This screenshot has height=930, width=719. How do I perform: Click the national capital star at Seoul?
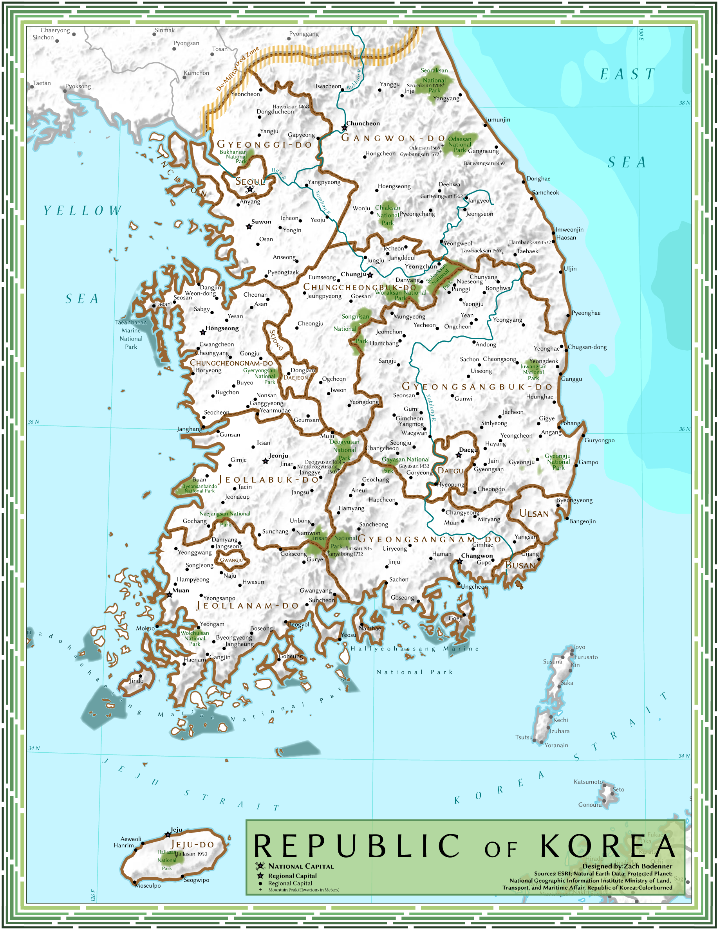[250, 189]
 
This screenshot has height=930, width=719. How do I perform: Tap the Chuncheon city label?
[363, 123]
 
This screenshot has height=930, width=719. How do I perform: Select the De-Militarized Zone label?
[237, 69]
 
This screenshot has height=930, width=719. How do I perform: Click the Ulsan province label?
[534, 514]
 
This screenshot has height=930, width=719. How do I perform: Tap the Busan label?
[520, 566]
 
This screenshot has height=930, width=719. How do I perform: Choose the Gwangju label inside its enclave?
[231, 560]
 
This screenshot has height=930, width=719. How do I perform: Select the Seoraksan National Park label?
[434, 80]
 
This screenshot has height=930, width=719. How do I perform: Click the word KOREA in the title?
[608, 847]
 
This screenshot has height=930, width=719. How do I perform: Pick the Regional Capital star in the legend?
[260, 876]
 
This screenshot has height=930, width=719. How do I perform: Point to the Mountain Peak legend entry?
[303, 890]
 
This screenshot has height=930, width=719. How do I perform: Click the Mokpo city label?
[145, 629]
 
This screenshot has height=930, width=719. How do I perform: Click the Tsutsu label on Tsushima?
[524, 737]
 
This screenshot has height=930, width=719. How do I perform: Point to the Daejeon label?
[296, 378]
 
